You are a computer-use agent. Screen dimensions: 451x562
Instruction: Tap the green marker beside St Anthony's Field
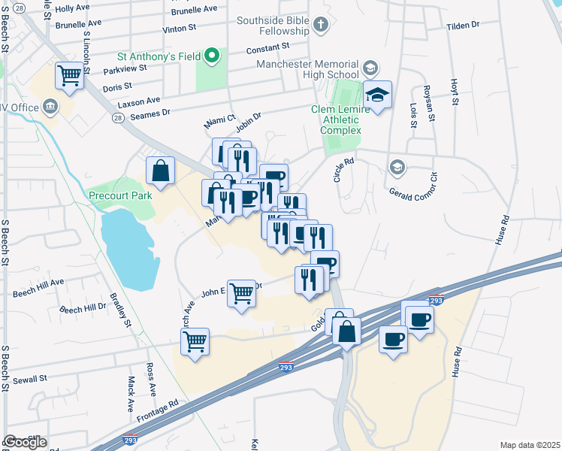[213, 55]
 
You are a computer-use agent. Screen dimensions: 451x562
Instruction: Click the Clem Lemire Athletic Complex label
[340, 120]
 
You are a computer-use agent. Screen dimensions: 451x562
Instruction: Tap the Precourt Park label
[120, 195]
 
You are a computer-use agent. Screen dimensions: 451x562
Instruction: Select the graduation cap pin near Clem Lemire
[378, 95]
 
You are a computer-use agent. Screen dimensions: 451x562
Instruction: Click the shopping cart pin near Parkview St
[69, 75]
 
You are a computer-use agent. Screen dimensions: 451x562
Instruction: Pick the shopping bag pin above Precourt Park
[161, 171]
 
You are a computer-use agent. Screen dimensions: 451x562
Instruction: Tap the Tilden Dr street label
[463, 25]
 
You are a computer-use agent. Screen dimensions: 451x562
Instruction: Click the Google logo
[26, 442]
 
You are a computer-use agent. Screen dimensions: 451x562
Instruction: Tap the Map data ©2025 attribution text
[530, 445]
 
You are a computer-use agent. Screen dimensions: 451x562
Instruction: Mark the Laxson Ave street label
[142, 100]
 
